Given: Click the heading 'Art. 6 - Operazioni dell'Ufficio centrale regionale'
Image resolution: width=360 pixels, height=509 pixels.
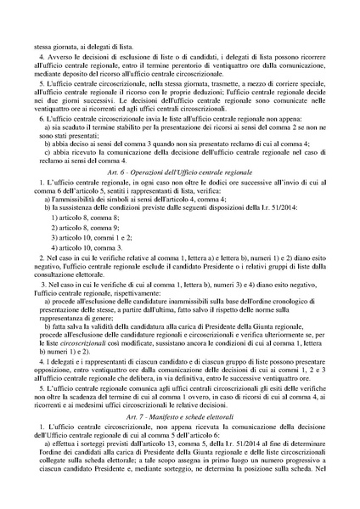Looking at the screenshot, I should coord(179,172).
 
